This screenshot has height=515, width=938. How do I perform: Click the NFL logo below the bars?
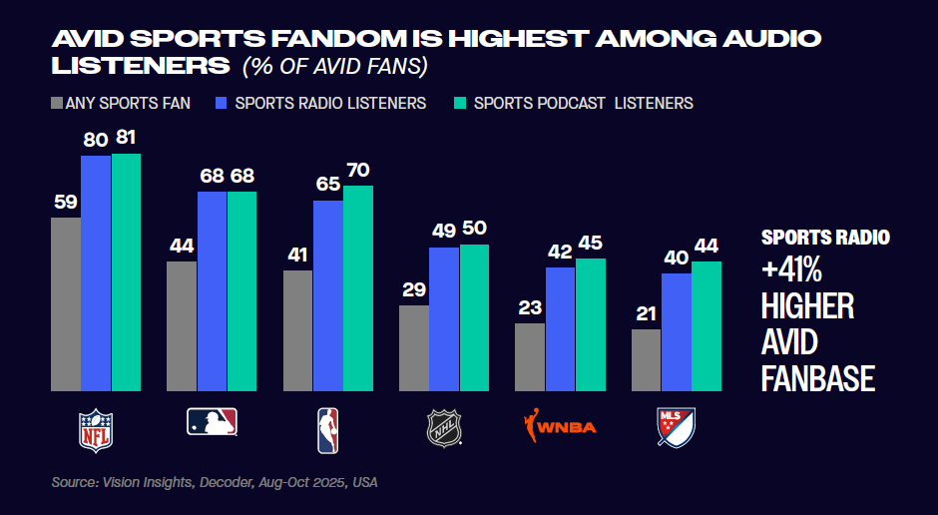96,429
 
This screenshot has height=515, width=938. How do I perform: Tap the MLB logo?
212,422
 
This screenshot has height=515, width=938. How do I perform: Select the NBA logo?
327,429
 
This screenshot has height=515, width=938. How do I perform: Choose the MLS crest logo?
676,427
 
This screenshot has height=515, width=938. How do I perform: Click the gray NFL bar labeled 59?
66,303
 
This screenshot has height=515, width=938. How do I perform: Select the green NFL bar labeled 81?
126,271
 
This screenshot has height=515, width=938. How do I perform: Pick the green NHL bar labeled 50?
474,316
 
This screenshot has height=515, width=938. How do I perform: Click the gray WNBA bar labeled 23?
530,356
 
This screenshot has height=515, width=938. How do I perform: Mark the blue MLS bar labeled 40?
677,331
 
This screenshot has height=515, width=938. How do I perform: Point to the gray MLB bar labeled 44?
182,325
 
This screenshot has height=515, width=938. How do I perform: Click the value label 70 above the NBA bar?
357,170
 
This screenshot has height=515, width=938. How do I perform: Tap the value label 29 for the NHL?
414,289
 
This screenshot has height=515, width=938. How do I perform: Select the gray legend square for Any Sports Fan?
56,103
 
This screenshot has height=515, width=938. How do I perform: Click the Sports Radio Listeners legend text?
330,103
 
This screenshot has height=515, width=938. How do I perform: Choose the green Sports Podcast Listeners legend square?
460,103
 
